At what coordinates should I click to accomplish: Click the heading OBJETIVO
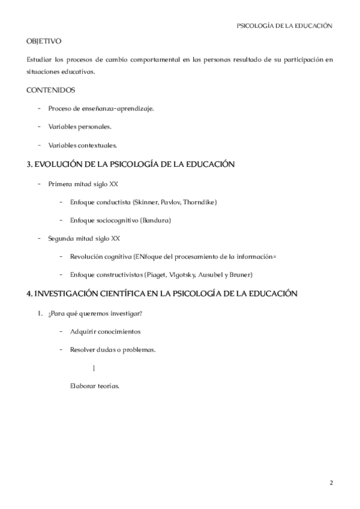pyautogui.click(x=44, y=41)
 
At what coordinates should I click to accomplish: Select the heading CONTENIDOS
pyautogui.click(x=51, y=90)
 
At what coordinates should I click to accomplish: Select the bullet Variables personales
pyautogui.click(x=80, y=127)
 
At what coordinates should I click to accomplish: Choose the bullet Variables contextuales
pyautogui.click(x=83, y=145)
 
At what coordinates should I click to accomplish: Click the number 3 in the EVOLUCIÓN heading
pyautogui.click(x=29, y=164)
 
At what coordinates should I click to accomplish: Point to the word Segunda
pyautogui.click(x=61, y=238)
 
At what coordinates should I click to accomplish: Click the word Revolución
pyautogui.click(x=85, y=256)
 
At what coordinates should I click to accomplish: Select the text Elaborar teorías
pyautogui.click(x=95, y=386)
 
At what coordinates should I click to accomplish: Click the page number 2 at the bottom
pyautogui.click(x=331, y=483)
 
